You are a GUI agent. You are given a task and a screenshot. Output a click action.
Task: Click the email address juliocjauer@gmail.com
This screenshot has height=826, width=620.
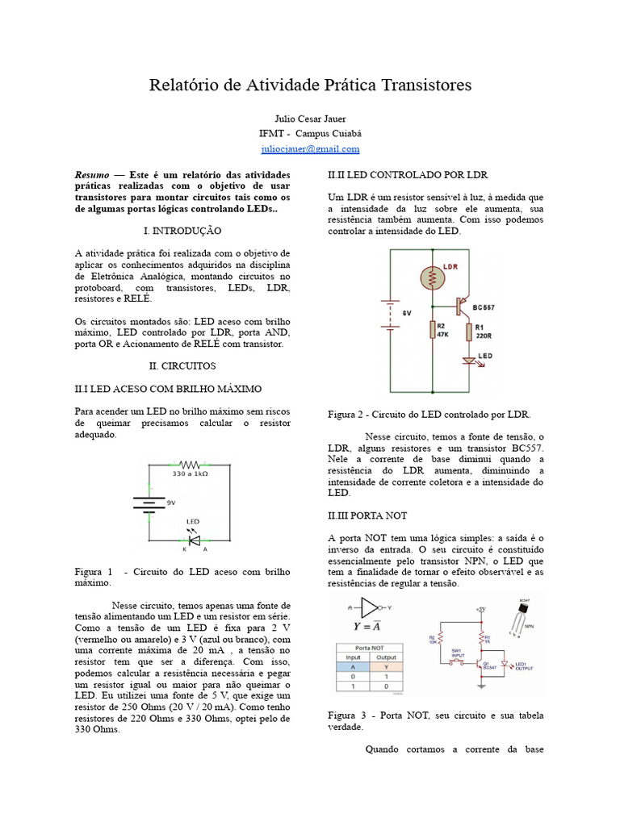[310, 148]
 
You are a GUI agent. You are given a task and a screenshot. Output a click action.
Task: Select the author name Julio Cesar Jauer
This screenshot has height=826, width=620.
[310, 119]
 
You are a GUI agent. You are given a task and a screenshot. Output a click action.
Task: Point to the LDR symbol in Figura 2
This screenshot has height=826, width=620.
[433, 277]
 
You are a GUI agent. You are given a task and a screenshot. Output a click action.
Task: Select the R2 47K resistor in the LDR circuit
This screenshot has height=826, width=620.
[434, 330]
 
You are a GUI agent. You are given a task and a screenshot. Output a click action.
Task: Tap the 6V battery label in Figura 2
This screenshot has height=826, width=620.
[408, 313]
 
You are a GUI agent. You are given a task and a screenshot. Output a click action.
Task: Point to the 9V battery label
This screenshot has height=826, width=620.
[170, 503]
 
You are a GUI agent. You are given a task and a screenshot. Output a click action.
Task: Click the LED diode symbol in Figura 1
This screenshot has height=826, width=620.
[193, 540]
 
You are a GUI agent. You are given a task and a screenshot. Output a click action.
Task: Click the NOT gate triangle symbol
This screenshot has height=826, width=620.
[369, 607]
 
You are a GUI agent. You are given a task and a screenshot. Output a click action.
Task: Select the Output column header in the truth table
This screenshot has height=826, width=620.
[387, 657]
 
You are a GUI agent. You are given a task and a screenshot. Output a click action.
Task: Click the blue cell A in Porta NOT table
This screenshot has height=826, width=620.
[352, 666]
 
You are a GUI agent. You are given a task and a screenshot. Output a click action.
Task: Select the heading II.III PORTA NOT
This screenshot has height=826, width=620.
[367, 515]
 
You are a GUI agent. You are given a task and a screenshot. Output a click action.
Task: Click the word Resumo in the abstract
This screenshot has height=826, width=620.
[92, 175]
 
